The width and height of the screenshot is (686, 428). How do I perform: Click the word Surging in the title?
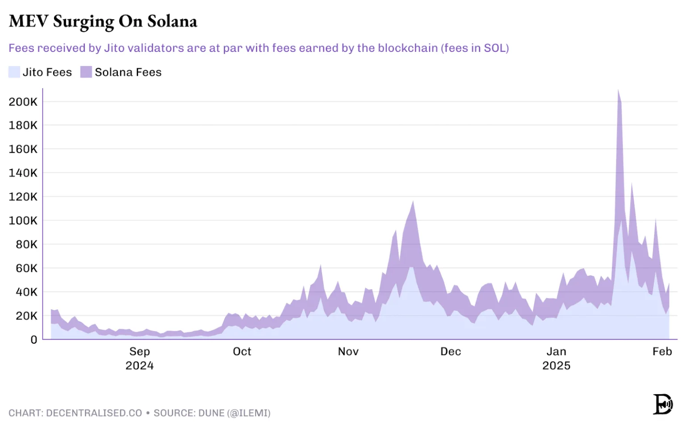point(83,21)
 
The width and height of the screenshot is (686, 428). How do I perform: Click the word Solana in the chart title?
point(172,21)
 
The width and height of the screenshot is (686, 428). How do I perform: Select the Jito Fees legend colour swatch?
point(14,72)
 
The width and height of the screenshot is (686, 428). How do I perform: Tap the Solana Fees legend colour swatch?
point(86,72)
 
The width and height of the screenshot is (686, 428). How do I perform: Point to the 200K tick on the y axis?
point(23,102)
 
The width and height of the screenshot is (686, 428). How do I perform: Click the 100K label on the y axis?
point(23,220)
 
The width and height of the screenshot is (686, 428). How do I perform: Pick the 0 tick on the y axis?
point(34,340)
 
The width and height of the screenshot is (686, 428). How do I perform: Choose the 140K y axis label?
point(23,173)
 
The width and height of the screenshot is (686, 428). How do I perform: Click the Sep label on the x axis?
point(139,352)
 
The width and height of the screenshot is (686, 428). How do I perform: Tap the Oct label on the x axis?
point(242,352)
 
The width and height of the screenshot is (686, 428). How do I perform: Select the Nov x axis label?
point(348,352)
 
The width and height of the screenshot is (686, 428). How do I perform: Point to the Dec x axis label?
point(451,352)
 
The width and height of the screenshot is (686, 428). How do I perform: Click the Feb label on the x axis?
point(662,352)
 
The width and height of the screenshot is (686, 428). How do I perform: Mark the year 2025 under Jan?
point(556,366)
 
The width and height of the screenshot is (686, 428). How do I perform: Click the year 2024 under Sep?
point(139,366)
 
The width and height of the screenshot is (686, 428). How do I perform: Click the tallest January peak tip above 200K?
point(618,90)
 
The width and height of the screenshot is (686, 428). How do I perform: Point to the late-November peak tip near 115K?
point(413,202)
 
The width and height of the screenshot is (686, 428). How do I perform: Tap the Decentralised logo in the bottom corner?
point(663,404)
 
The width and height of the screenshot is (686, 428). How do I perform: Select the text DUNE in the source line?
point(211,413)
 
